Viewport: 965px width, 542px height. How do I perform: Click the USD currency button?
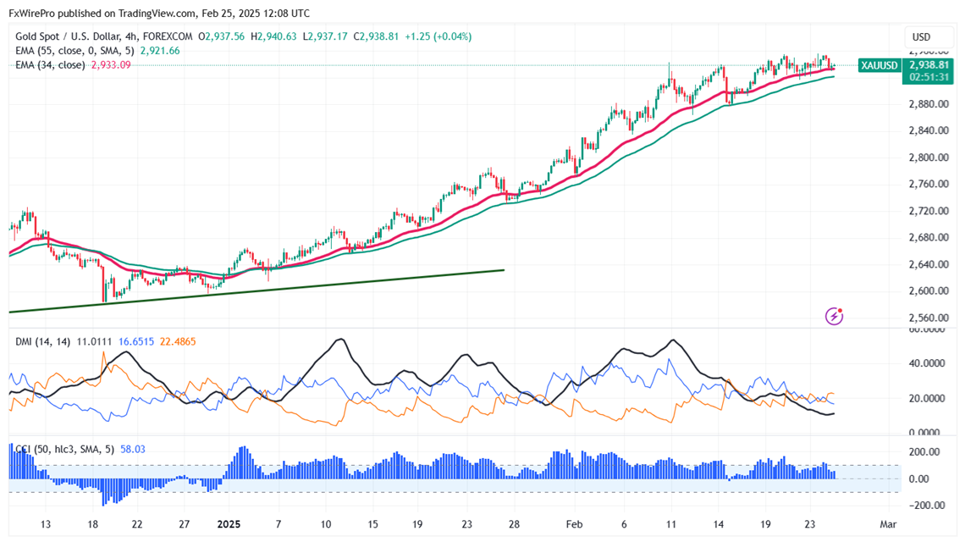tap(921, 36)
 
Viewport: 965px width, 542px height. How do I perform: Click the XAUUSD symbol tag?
tap(879, 65)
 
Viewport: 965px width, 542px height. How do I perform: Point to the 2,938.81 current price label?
tap(927, 64)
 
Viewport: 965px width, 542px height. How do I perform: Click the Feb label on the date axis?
tap(576, 524)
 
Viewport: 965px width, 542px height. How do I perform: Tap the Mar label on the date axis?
tap(887, 524)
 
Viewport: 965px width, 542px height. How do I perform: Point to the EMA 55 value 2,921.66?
tap(161, 51)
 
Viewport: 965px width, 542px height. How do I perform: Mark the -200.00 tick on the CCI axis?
tap(925, 506)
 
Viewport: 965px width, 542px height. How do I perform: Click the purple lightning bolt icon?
tap(835, 316)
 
